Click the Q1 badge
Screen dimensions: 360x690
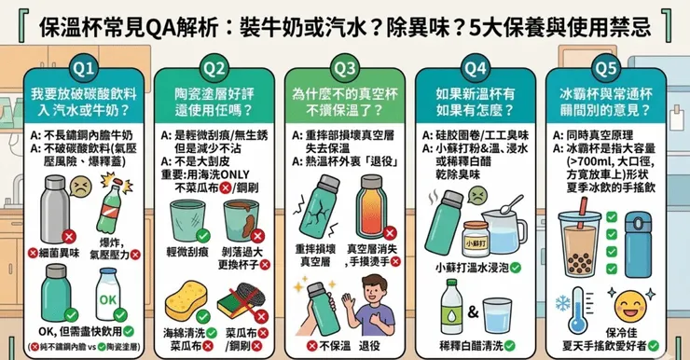pyautogui.click(x=85, y=68)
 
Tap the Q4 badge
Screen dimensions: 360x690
pyautogui.click(x=476, y=68)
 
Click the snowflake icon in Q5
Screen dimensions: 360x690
pyautogui.click(x=565, y=305)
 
